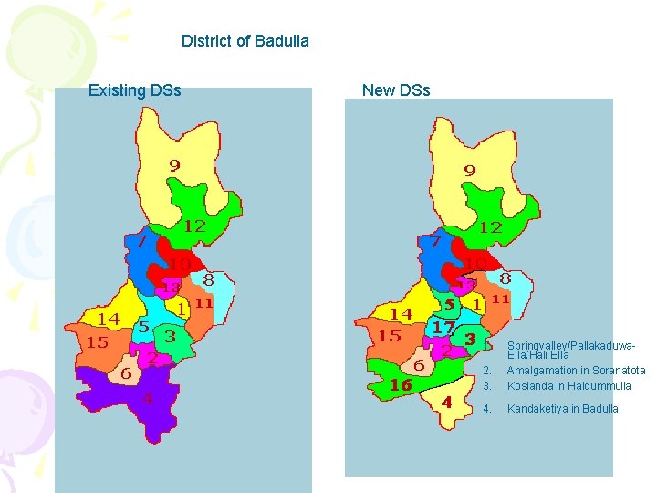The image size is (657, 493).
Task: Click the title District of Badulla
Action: click(x=245, y=41)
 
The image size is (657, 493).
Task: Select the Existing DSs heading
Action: click(x=134, y=90)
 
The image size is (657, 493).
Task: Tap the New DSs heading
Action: click(x=396, y=90)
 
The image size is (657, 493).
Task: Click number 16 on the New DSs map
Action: click(x=401, y=385)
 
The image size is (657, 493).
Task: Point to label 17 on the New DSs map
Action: click(x=444, y=327)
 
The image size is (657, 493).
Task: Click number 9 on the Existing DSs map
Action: click(x=173, y=165)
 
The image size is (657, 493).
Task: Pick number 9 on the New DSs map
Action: click(x=469, y=170)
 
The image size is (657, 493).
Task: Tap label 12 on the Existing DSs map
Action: click(x=194, y=225)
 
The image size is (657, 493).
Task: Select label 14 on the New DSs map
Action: click(x=401, y=313)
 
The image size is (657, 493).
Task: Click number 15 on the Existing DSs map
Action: click(x=98, y=342)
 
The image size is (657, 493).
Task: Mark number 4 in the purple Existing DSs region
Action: click(x=147, y=398)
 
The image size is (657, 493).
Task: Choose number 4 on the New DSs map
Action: click(x=446, y=402)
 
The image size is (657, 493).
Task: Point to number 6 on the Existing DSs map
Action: click(x=125, y=373)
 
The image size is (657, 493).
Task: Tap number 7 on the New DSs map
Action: click(x=436, y=243)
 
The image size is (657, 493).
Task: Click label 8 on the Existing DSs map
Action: click(x=208, y=279)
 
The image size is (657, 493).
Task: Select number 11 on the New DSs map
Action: click(x=500, y=299)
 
